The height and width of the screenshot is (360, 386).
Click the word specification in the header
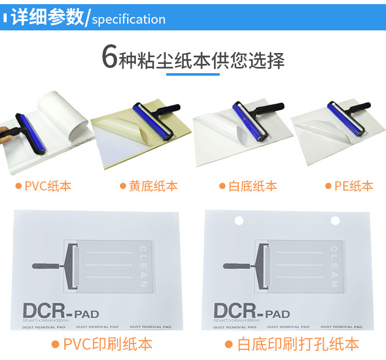pyautogui.click(x=129, y=20)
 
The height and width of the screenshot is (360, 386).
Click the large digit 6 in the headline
pyautogui.click(x=109, y=58)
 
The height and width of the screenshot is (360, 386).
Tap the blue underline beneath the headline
pyautogui.click(x=193, y=75)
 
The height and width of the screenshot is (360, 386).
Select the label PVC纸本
pyautogui.click(x=48, y=186)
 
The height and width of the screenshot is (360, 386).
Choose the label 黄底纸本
pyautogui.click(x=153, y=186)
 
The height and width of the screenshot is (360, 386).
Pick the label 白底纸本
pyautogui.click(x=252, y=186)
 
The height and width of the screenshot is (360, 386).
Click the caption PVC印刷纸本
pyautogui.click(x=108, y=344)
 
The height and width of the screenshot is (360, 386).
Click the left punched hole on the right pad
pyautogui.click(x=239, y=221)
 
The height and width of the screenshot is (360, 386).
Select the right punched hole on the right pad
pyautogui.click(x=335, y=221)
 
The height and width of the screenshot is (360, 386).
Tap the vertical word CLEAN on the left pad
pyautogui.click(x=143, y=267)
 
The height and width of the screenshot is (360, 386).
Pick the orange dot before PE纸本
pyautogui.click(x=328, y=186)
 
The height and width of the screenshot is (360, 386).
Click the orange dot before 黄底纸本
pyautogui.click(x=123, y=186)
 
